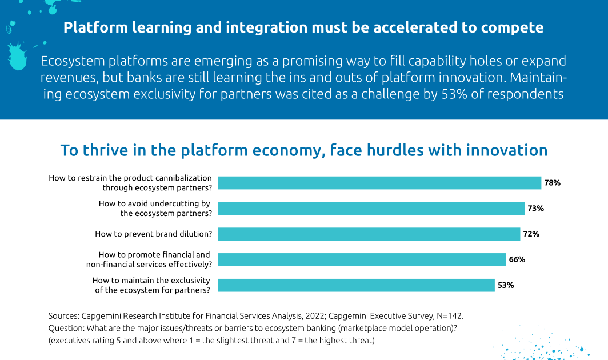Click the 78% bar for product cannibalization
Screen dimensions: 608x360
tap(379, 183)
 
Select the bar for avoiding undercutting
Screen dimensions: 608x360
tap(371, 209)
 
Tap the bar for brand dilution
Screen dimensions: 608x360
tap(369, 234)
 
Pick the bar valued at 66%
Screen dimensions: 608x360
tap(362, 259)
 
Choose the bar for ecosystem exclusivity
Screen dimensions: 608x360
tap(357, 285)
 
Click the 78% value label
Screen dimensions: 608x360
tap(552, 183)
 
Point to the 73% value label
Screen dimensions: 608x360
tap(535, 209)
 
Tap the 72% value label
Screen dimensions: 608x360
tap(531, 234)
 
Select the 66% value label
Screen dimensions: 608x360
tap(517, 259)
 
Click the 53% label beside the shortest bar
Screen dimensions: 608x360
tap(506, 285)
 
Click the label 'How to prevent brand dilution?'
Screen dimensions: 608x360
tap(154, 234)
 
